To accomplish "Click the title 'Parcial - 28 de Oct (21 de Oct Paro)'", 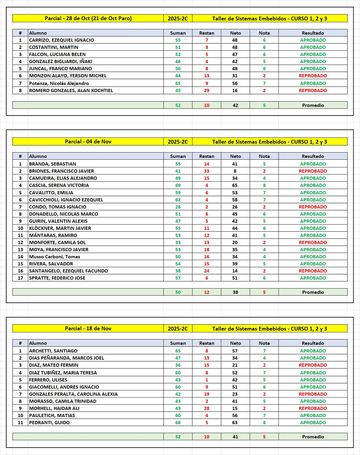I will click(88, 18).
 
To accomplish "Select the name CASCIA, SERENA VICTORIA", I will click(54, 185).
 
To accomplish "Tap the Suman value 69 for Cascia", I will click(178, 185).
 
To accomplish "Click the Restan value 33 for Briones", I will click(207, 171).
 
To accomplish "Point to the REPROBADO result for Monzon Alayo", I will click(313, 76).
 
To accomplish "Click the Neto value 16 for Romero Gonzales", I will click(235, 90).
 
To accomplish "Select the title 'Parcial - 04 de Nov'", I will click(88, 142).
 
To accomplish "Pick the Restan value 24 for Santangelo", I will click(207, 271).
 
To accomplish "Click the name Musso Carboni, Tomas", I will click(55, 257).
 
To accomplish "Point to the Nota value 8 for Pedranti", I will click(264, 422).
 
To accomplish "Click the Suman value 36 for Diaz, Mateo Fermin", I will click(178, 365).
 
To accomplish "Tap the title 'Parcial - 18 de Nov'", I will click(88, 328).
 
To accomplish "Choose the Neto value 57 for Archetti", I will click(235, 351).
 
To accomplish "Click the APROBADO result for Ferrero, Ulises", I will click(313, 379).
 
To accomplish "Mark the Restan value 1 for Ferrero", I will click(207, 379).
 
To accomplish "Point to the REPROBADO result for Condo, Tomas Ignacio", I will click(313, 207).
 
